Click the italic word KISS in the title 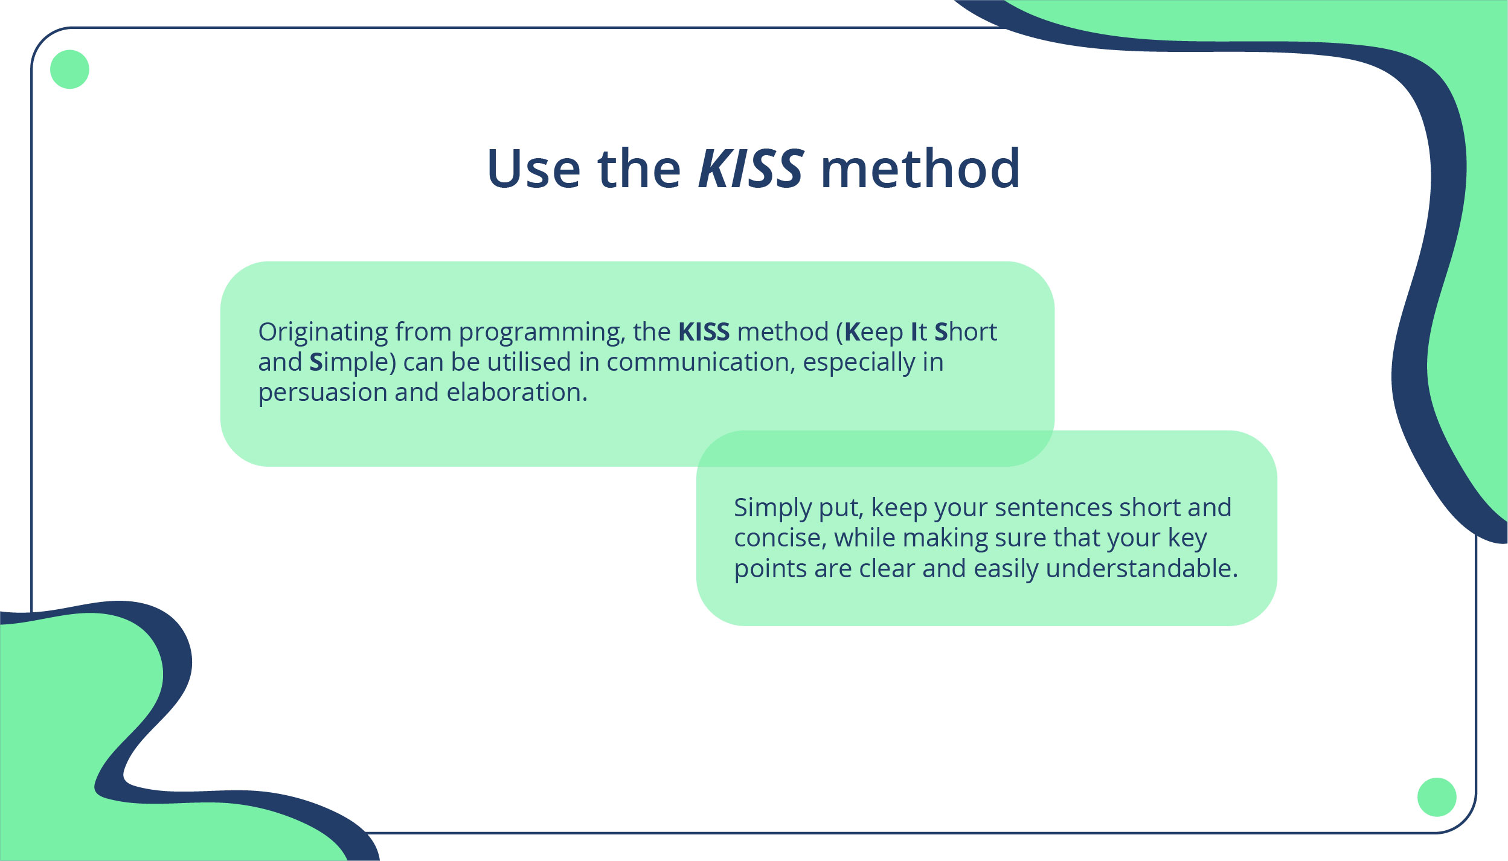pyautogui.click(x=751, y=168)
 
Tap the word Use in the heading pyautogui.click(x=534, y=168)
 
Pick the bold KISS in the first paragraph pyautogui.click(x=704, y=332)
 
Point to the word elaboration pyautogui.click(x=517, y=392)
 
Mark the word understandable pyautogui.click(x=1141, y=569)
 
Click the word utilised pyautogui.click(x=528, y=362)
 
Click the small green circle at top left pyautogui.click(x=69, y=69)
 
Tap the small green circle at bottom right pyautogui.click(x=1437, y=797)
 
